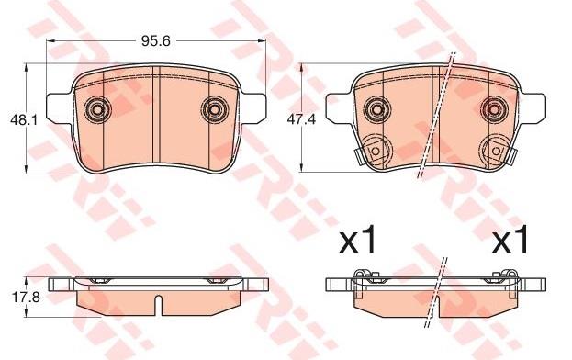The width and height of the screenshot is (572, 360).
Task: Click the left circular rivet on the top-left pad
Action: coord(97,109)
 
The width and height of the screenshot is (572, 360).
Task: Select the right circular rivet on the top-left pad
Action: coord(215,109)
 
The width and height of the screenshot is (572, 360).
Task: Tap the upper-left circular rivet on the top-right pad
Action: coord(376,108)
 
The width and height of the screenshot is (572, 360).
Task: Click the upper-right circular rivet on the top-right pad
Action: coord(494,108)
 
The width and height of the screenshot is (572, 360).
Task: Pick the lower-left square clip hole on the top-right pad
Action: coord(375,151)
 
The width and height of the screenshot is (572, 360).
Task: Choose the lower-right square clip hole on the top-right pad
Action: coord(496,151)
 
